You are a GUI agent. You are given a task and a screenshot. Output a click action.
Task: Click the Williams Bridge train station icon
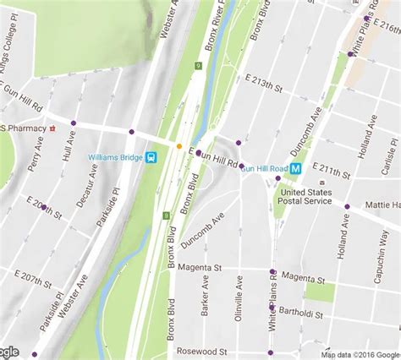pyautogui.click(x=151, y=156)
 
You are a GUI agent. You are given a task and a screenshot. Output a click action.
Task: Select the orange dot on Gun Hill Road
pyautogui.click(x=179, y=145)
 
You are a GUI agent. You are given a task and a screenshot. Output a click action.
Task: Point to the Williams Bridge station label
pyautogui.click(x=116, y=156)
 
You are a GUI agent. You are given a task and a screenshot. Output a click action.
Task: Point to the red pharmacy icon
pyautogui.click(x=52, y=128)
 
